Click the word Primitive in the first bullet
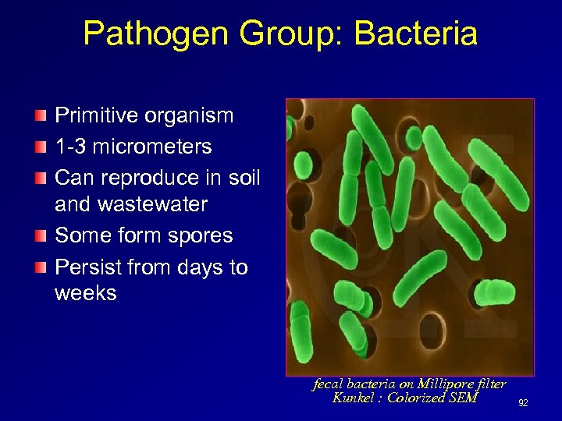pos(96,116)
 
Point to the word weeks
pos(86,293)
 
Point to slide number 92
pos(523,403)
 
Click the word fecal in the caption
pos(328,384)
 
